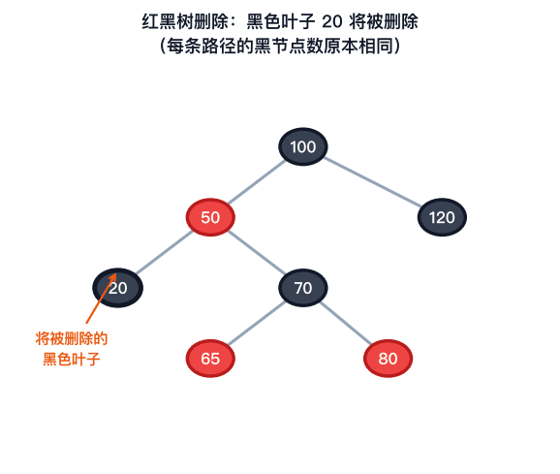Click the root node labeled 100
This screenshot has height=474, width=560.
pyautogui.click(x=303, y=146)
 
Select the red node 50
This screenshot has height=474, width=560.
pyautogui.click(x=210, y=217)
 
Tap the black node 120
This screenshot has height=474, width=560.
pyautogui.click(x=442, y=217)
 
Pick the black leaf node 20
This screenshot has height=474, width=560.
pyautogui.click(x=118, y=288)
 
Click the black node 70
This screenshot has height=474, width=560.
pyautogui.click(x=303, y=288)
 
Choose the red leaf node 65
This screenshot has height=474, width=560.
pyautogui.click(x=210, y=359)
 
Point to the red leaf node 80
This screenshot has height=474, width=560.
pyautogui.click(x=388, y=359)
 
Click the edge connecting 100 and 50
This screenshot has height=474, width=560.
pyautogui.click(x=257, y=182)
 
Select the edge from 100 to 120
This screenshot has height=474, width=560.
pyautogui.click(x=372, y=182)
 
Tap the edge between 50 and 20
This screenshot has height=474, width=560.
pyautogui.click(x=165, y=253)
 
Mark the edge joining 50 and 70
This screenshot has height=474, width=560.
pyautogui.click(x=257, y=253)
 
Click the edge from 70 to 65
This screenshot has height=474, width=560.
pyautogui.click(x=257, y=323)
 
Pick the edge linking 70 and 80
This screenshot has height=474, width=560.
pyautogui.click(x=345, y=323)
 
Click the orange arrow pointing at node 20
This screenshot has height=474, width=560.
pyautogui.click(x=101, y=299)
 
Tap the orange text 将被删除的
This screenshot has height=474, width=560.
pyautogui.click(x=72, y=338)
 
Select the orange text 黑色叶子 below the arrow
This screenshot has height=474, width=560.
pyautogui.click(x=72, y=359)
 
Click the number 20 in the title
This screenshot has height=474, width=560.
pyautogui.click(x=332, y=21)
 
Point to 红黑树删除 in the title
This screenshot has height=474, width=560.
pyautogui.click(x=185, y=21)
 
